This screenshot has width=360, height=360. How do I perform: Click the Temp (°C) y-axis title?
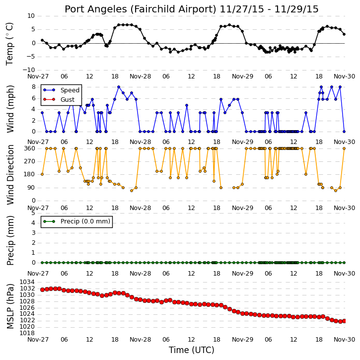point(9,44)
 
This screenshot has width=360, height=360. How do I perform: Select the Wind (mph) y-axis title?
point(10,109)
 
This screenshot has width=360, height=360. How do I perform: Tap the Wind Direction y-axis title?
point(10,175)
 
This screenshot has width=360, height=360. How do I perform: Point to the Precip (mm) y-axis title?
point(10,240)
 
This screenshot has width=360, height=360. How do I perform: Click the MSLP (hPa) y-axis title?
point(10,306)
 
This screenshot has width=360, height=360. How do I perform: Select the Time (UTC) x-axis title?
point(192,350)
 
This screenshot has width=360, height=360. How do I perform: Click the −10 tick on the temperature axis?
point(28,70)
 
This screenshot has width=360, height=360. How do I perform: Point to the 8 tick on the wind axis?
point(34,87)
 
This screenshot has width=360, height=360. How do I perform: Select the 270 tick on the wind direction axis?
point(30,161)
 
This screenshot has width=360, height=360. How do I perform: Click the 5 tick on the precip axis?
point(34,213)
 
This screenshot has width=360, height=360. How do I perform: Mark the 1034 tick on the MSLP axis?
point(27,282)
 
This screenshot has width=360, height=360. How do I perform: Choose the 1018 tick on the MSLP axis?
point(27,333)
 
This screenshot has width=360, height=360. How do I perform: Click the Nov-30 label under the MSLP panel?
point(345,339)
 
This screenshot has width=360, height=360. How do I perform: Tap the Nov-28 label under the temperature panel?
point(141,76)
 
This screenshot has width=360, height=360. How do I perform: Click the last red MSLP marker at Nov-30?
point(344,321)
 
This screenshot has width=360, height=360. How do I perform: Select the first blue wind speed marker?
point(42,113)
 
